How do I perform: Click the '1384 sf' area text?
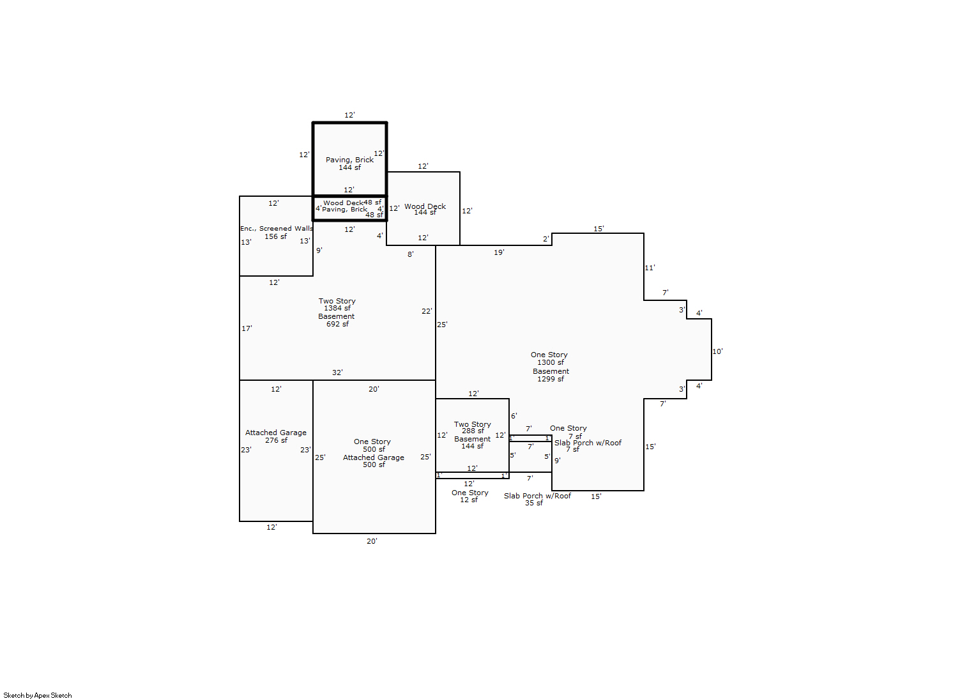click(337, 308)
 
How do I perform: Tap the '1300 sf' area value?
click(550, 362)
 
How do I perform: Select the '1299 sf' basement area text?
click(550, 379)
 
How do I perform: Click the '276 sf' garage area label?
click(276, 440)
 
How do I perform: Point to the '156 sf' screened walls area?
click(275, 236)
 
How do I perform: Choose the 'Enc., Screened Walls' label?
click(276, 228)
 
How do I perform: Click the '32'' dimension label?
click(337, 373)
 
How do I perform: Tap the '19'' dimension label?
click(499, 252)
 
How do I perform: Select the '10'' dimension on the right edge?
click(717, 351)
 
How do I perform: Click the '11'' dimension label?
click(650, 268)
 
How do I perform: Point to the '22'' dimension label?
click(427, 311)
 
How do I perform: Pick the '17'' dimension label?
click(247, 328)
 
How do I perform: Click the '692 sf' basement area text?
click(337, 324)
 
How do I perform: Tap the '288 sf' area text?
click(473, 431)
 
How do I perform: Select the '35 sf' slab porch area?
click(533, 503)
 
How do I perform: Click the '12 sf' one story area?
click(469, 500)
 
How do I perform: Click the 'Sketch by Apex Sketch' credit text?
click(38, 695)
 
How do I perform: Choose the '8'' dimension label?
click(411, 254)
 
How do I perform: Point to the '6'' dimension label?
click(514, 416)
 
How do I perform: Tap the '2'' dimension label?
click(546, 239)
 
